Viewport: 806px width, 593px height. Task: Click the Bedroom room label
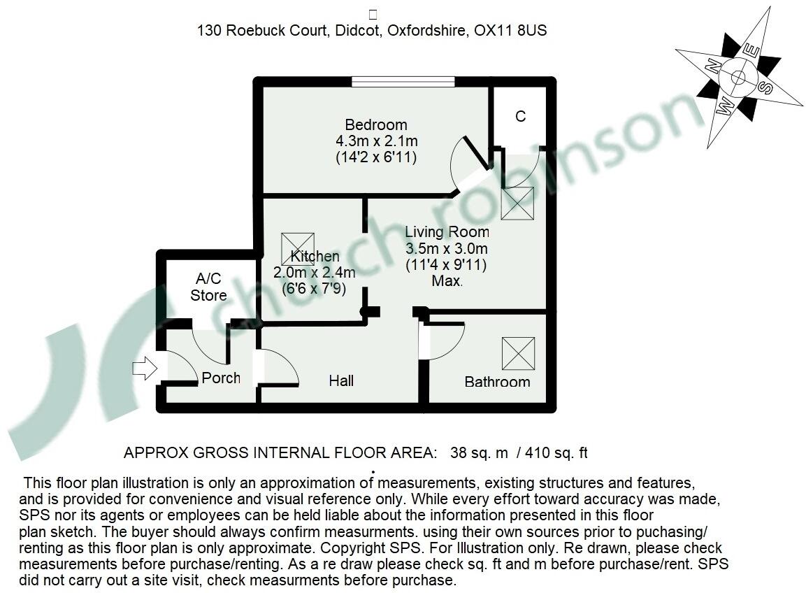click(x=376, y=125)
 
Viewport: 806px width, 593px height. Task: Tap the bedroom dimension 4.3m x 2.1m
click(x=376, y=141)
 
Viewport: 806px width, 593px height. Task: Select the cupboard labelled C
click(x=520, y=116)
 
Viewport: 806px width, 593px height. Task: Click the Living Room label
click(x=447, y=232)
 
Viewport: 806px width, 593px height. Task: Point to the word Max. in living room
click(x=447, y=281)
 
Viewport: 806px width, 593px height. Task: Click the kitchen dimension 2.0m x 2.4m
click(x=314, y=273)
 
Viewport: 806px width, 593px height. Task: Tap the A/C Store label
click(x=208, y=287)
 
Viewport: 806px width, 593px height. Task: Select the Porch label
click(x=221, y=378)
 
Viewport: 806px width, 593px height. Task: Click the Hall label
click(x=341, y=380)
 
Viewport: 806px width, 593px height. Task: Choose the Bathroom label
click(x=497, y=382)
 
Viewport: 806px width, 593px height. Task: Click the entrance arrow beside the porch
click(x=145, y=368)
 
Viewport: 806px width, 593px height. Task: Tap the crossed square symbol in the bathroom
click(x=518, y=353)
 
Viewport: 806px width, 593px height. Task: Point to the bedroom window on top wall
click(x=403, y=82)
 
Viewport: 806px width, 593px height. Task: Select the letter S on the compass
click(x=767, y=87)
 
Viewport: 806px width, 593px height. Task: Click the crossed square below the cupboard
click(x=518, y=203)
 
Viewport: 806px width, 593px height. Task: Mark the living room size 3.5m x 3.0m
click(x=447, y=249)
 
